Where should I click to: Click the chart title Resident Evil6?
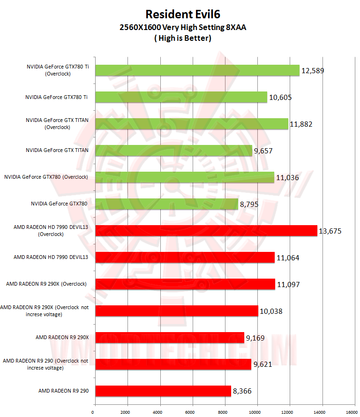(x=183, y=14)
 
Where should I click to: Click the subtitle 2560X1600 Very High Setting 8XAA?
(x=183, y=28)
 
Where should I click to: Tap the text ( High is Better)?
(x=183, y=38)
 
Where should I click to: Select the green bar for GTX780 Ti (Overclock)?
(x=197, y=70)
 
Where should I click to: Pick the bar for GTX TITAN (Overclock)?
(x=191, y=124)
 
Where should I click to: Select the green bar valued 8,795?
(x=166, y=204)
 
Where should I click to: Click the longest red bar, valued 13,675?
(x=206, y=231)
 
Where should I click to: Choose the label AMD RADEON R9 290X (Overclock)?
(x=46, y=284)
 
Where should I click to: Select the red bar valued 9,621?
(x=173, y=364)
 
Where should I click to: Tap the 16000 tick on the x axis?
(x=351, y=412)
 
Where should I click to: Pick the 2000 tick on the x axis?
(x=125, y=412)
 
